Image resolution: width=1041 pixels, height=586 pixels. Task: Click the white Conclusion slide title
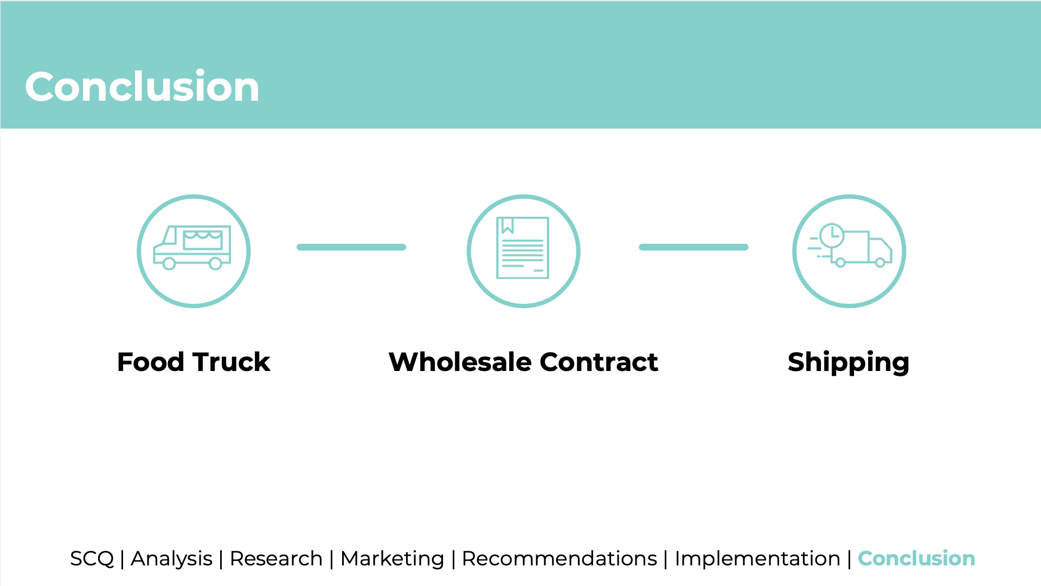click(142, 87)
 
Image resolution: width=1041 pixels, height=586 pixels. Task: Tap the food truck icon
click(192, 248)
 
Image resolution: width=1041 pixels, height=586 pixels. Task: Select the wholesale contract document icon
click(523, 248)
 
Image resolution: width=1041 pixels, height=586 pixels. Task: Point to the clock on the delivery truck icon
click(831, 236)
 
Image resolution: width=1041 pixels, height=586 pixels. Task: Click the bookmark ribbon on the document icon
click(507, 225)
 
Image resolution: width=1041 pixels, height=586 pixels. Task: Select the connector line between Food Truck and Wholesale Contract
click(351, 247)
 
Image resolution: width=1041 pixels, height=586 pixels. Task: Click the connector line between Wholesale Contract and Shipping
click(693, 247)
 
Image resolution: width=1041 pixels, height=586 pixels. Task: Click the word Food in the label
click(151, 362)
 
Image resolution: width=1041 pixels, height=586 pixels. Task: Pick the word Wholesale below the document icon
click(460, 362)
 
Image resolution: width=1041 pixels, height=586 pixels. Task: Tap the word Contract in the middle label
click(599, 362)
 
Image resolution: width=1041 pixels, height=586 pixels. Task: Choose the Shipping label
click(849, 362)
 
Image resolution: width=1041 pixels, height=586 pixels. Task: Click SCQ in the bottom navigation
click(92, 558)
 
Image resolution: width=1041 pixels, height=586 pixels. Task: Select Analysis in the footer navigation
click(171, 558)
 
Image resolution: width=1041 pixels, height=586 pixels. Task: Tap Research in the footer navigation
click(276, 558)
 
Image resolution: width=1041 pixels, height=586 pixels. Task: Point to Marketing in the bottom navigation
click(392, 558)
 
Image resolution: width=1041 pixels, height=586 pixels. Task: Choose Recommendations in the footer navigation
click(559, 558)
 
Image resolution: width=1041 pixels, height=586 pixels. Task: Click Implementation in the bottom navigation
click(757, 558)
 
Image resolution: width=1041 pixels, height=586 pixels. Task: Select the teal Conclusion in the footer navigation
click(916, 558)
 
